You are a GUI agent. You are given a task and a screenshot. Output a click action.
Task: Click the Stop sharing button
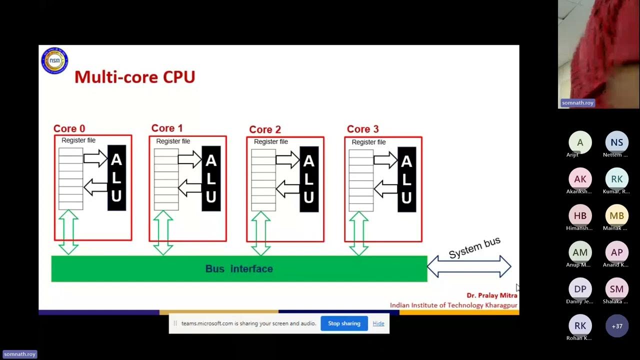[x=344, y=323]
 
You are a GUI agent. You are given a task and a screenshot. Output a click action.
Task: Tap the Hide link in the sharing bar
[x=378, y=323]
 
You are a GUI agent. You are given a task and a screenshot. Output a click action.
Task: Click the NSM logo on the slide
[x=54, y=60]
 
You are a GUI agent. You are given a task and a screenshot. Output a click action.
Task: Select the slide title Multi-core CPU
[x=134, y=77]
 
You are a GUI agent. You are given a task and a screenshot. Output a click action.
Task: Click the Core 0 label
[x=69, y=128]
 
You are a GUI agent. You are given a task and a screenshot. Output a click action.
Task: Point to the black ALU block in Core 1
[x=211, y=178]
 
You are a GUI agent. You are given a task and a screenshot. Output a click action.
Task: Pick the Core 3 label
[x=362, y=129]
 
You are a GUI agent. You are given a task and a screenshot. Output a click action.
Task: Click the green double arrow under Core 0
[x=68, y=232]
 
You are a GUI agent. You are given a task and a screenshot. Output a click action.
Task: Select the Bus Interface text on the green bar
[x=239, y=269]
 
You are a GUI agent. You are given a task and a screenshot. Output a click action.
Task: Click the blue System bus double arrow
[x=469, y=266]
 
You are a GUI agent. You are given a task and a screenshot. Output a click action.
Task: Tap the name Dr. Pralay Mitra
[x=492, y=295]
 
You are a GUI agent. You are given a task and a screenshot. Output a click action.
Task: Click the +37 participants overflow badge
[x=617, y=326]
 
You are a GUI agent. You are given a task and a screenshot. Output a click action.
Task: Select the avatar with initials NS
[x=617, y=142]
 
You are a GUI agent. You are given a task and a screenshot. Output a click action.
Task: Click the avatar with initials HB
[x=580, y=215]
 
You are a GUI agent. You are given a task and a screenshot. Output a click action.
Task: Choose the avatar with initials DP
[x=580, y=289]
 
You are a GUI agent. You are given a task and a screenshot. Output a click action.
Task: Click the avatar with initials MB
[x=617, y=215]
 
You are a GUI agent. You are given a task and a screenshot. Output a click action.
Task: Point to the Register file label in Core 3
[x=368, y=142]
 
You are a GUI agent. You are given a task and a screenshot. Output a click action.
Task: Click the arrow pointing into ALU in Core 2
[x=287, y=160]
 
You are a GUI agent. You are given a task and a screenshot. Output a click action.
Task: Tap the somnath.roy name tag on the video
[x=577, y=103]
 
